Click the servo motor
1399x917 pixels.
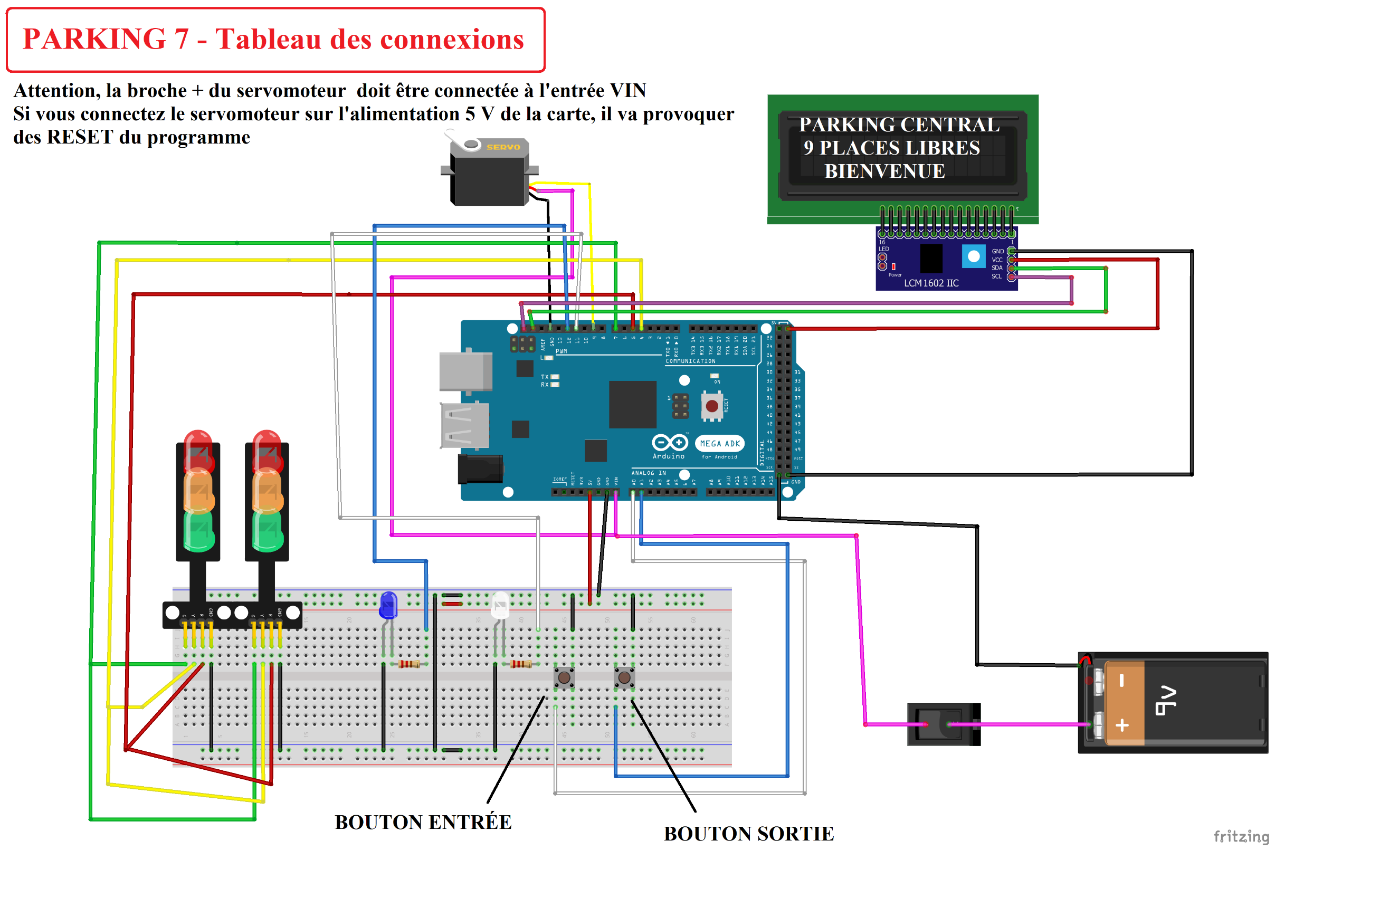(489, 174)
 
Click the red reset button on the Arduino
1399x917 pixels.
(712, 406)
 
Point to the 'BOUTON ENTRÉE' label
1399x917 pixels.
(423, 823)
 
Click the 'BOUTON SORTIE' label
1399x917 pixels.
(748, 834)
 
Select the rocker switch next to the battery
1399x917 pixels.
(943, 724)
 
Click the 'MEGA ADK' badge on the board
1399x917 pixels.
(719, 444)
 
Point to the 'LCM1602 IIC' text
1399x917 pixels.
(930, 283)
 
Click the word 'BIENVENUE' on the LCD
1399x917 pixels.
(884, 171)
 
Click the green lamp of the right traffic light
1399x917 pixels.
(268, 531)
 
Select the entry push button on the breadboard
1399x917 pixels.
(564, 678)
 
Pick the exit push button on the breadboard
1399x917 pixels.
(624, 678)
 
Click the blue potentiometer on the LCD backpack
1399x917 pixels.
(974, 256)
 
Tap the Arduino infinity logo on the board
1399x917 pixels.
(670, 442)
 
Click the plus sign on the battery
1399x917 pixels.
(1122, 725)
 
